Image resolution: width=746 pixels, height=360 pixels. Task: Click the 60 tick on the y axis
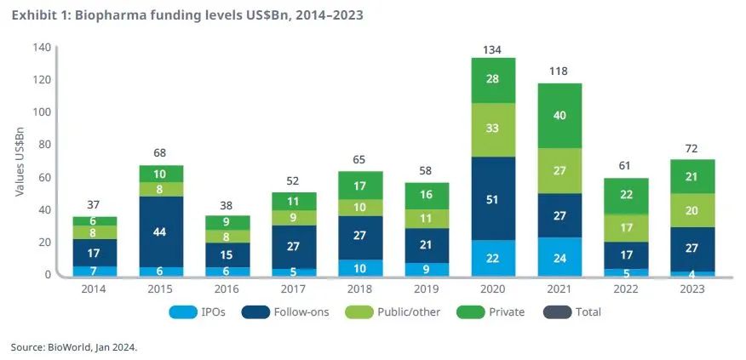[x=43, y=177]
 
